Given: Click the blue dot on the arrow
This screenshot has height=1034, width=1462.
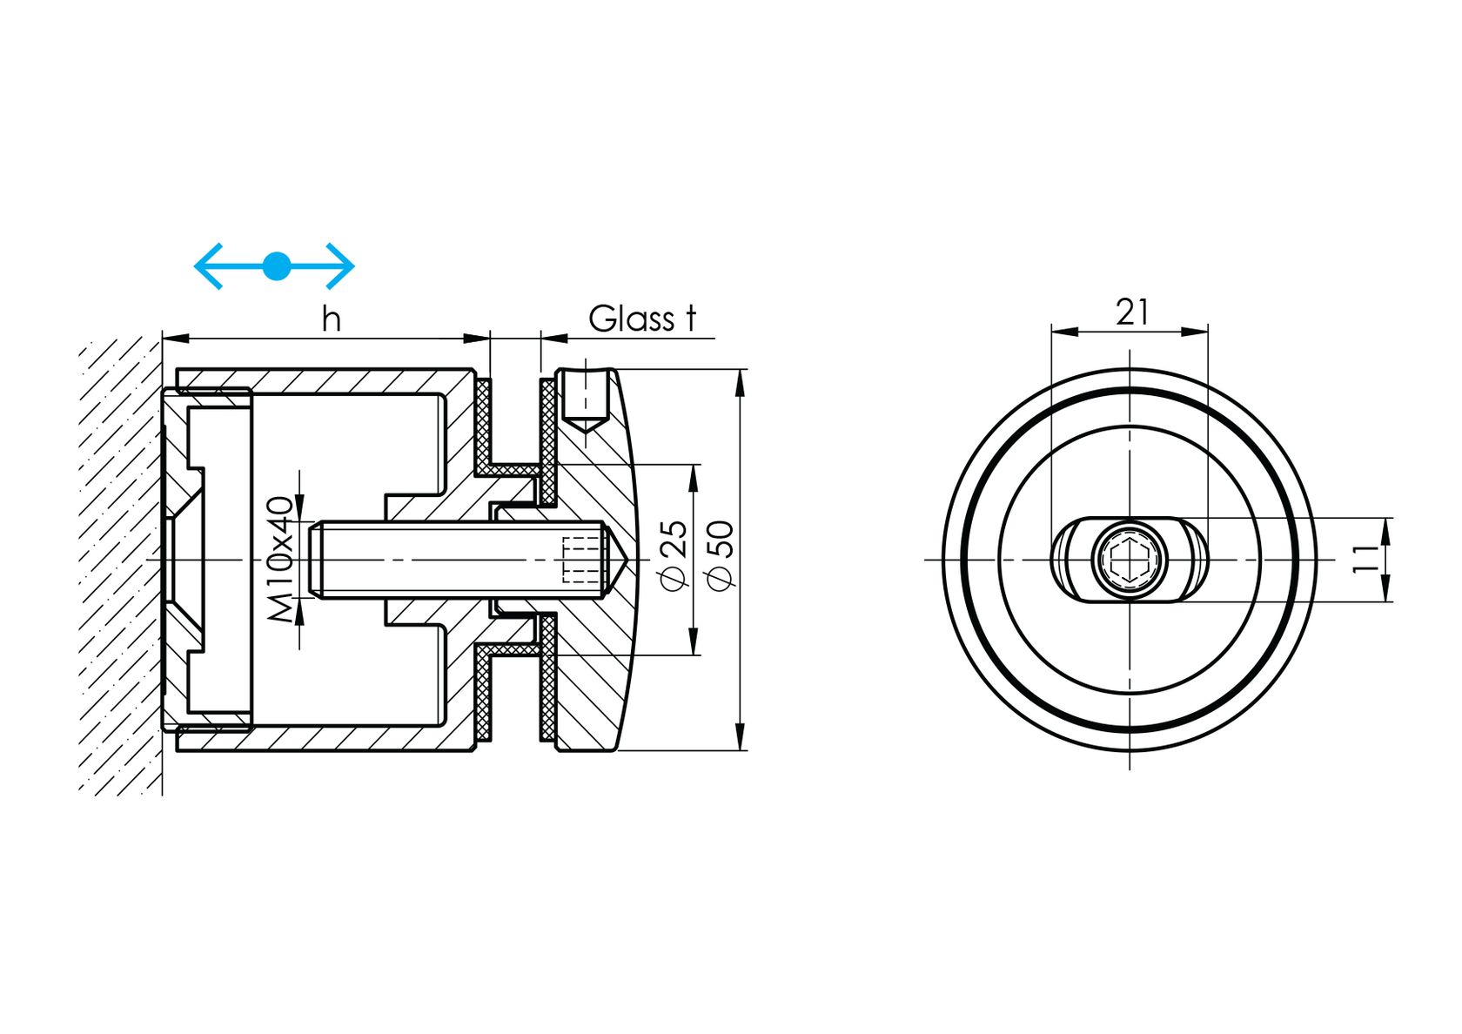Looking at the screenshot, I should [x=277, y=265].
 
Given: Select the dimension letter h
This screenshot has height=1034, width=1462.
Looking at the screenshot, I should [x=331, y=319].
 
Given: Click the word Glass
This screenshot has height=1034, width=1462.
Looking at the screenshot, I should [x=631, y=319].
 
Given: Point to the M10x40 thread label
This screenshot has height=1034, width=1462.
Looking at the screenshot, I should [x=280, y=559].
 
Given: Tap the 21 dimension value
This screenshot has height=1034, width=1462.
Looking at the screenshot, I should [x=1132, y=312].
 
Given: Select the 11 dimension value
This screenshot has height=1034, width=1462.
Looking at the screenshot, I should [x=1366, y=559].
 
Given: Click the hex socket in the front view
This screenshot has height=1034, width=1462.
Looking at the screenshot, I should [x=1130, y=560].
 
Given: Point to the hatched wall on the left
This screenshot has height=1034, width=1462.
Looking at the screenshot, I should [x=118, y=566].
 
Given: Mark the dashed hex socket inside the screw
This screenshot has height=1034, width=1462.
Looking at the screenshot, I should [x=583, y=560].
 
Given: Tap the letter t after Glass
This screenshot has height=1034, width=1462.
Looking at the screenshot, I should [x=691, y=319].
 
